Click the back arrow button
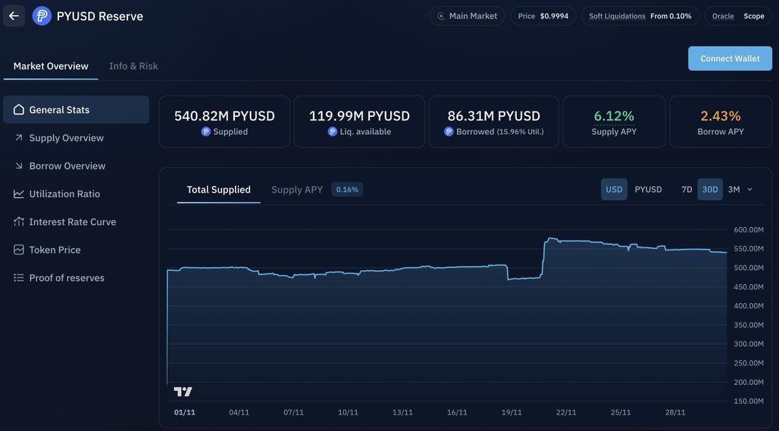click(14, 16)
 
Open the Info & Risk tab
click(133, 66)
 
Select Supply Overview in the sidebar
click(66, 138)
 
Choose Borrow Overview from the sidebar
click(67, 166)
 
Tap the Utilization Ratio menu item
click(64, 193)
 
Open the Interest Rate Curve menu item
click(72, 221)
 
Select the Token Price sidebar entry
click(55, 249)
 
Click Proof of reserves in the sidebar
click(66, 277)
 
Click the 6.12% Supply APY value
click(613, 116)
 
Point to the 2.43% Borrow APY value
click(721, 116)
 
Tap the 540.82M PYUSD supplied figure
click(224, 116)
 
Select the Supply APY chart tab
click(297, 190)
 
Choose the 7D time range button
click(686, 190)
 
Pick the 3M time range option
click(734, 190)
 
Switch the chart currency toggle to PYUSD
click(648, 190)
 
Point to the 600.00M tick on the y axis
click(748, 229)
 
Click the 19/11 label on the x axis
click(512, 412)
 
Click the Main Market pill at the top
click(467, 16)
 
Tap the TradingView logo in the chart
click(183, 391)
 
